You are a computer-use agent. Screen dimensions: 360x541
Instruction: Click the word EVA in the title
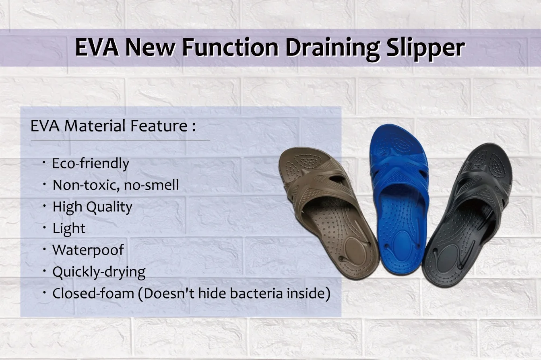(97, 47)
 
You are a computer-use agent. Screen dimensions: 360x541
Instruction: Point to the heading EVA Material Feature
(113, 126)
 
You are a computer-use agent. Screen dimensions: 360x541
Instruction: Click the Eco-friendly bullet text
(91, 163)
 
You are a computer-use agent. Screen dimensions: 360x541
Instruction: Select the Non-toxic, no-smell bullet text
(116, 185)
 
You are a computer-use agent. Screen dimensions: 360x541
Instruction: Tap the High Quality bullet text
(92, 207)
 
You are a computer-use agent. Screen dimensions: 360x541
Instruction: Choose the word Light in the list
(69, 228)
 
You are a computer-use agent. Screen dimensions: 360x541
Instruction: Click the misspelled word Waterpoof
(88, 250)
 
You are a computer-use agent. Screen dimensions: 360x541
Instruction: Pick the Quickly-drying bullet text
(99, 272)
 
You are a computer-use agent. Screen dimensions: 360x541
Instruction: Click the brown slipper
(326, 209)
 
